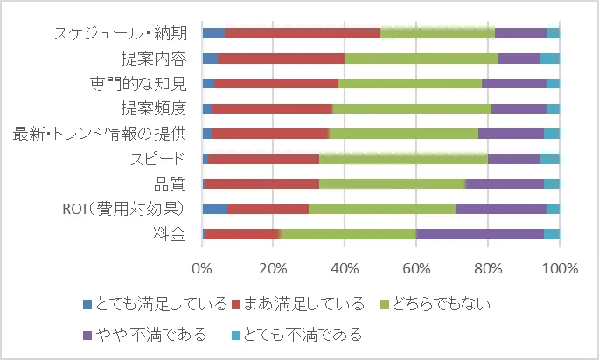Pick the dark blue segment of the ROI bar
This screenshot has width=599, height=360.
(214, 209)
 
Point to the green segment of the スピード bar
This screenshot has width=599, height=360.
(403, 159)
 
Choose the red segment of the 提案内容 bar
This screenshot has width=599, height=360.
(281, 59)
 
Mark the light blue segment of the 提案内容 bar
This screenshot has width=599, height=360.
(549, 59)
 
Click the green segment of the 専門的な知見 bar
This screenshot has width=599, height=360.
(409, 83)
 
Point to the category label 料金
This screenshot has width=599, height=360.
(169, 233)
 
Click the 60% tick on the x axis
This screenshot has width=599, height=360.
(416, 267)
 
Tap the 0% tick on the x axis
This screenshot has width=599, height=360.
(202, 267)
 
